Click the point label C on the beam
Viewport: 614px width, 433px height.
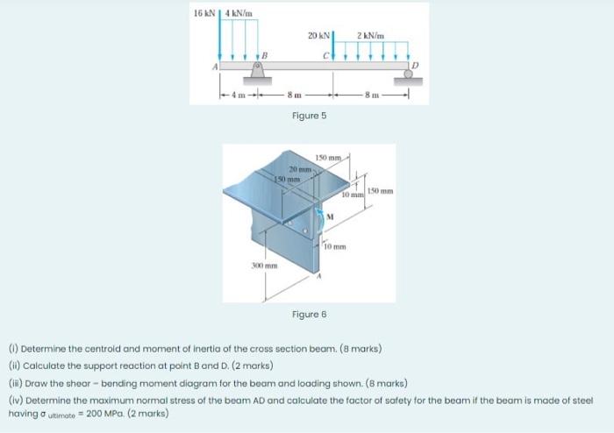325,57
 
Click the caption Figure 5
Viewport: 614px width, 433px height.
309,115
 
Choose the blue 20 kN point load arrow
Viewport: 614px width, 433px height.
334,45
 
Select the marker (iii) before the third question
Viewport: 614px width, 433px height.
14,383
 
